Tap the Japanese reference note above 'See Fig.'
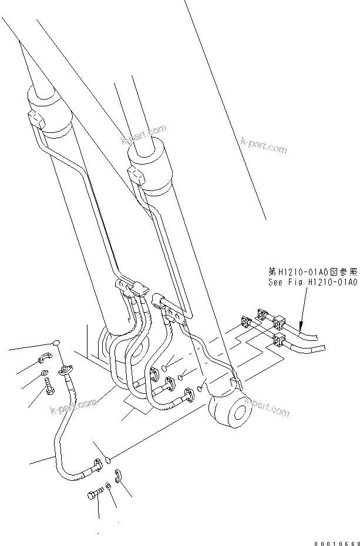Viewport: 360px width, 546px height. click(312, 272)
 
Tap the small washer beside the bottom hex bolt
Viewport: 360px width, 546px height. click(108, 487)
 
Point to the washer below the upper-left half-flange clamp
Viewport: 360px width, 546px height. click(45, 374)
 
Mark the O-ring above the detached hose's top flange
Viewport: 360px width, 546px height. click(57, 343)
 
